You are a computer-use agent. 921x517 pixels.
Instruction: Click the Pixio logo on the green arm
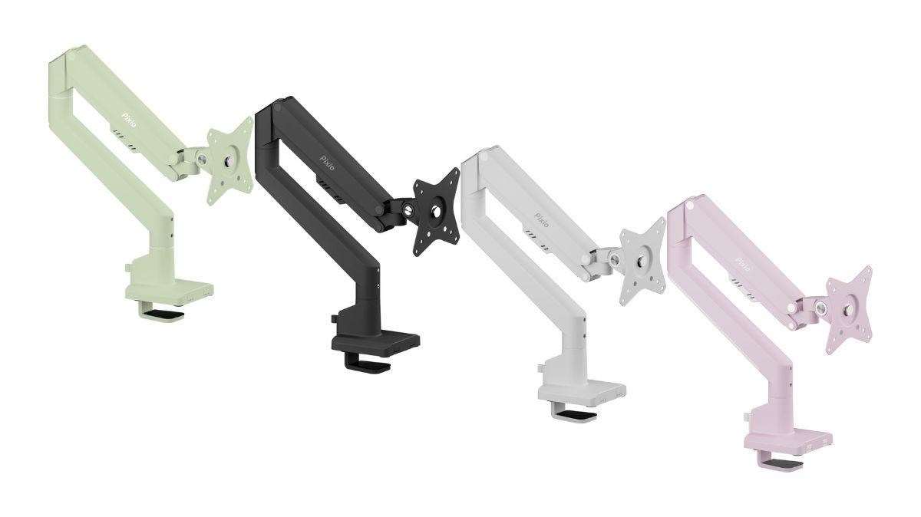click(x=128, y=120)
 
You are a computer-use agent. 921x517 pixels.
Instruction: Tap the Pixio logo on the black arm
click(x=327, y=163)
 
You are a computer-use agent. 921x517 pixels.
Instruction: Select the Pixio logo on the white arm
click(x=541, y=219)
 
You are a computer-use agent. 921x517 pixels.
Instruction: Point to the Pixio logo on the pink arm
click(x=743, y=264)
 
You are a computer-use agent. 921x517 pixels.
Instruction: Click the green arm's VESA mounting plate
click(x=229, y=160)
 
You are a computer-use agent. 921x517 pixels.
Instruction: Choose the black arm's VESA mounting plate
click(x=436, y=212)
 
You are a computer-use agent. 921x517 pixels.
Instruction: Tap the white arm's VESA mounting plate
click(x=642, y=262)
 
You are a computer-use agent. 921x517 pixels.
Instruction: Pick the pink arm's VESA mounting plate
click(x=849, y=310)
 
